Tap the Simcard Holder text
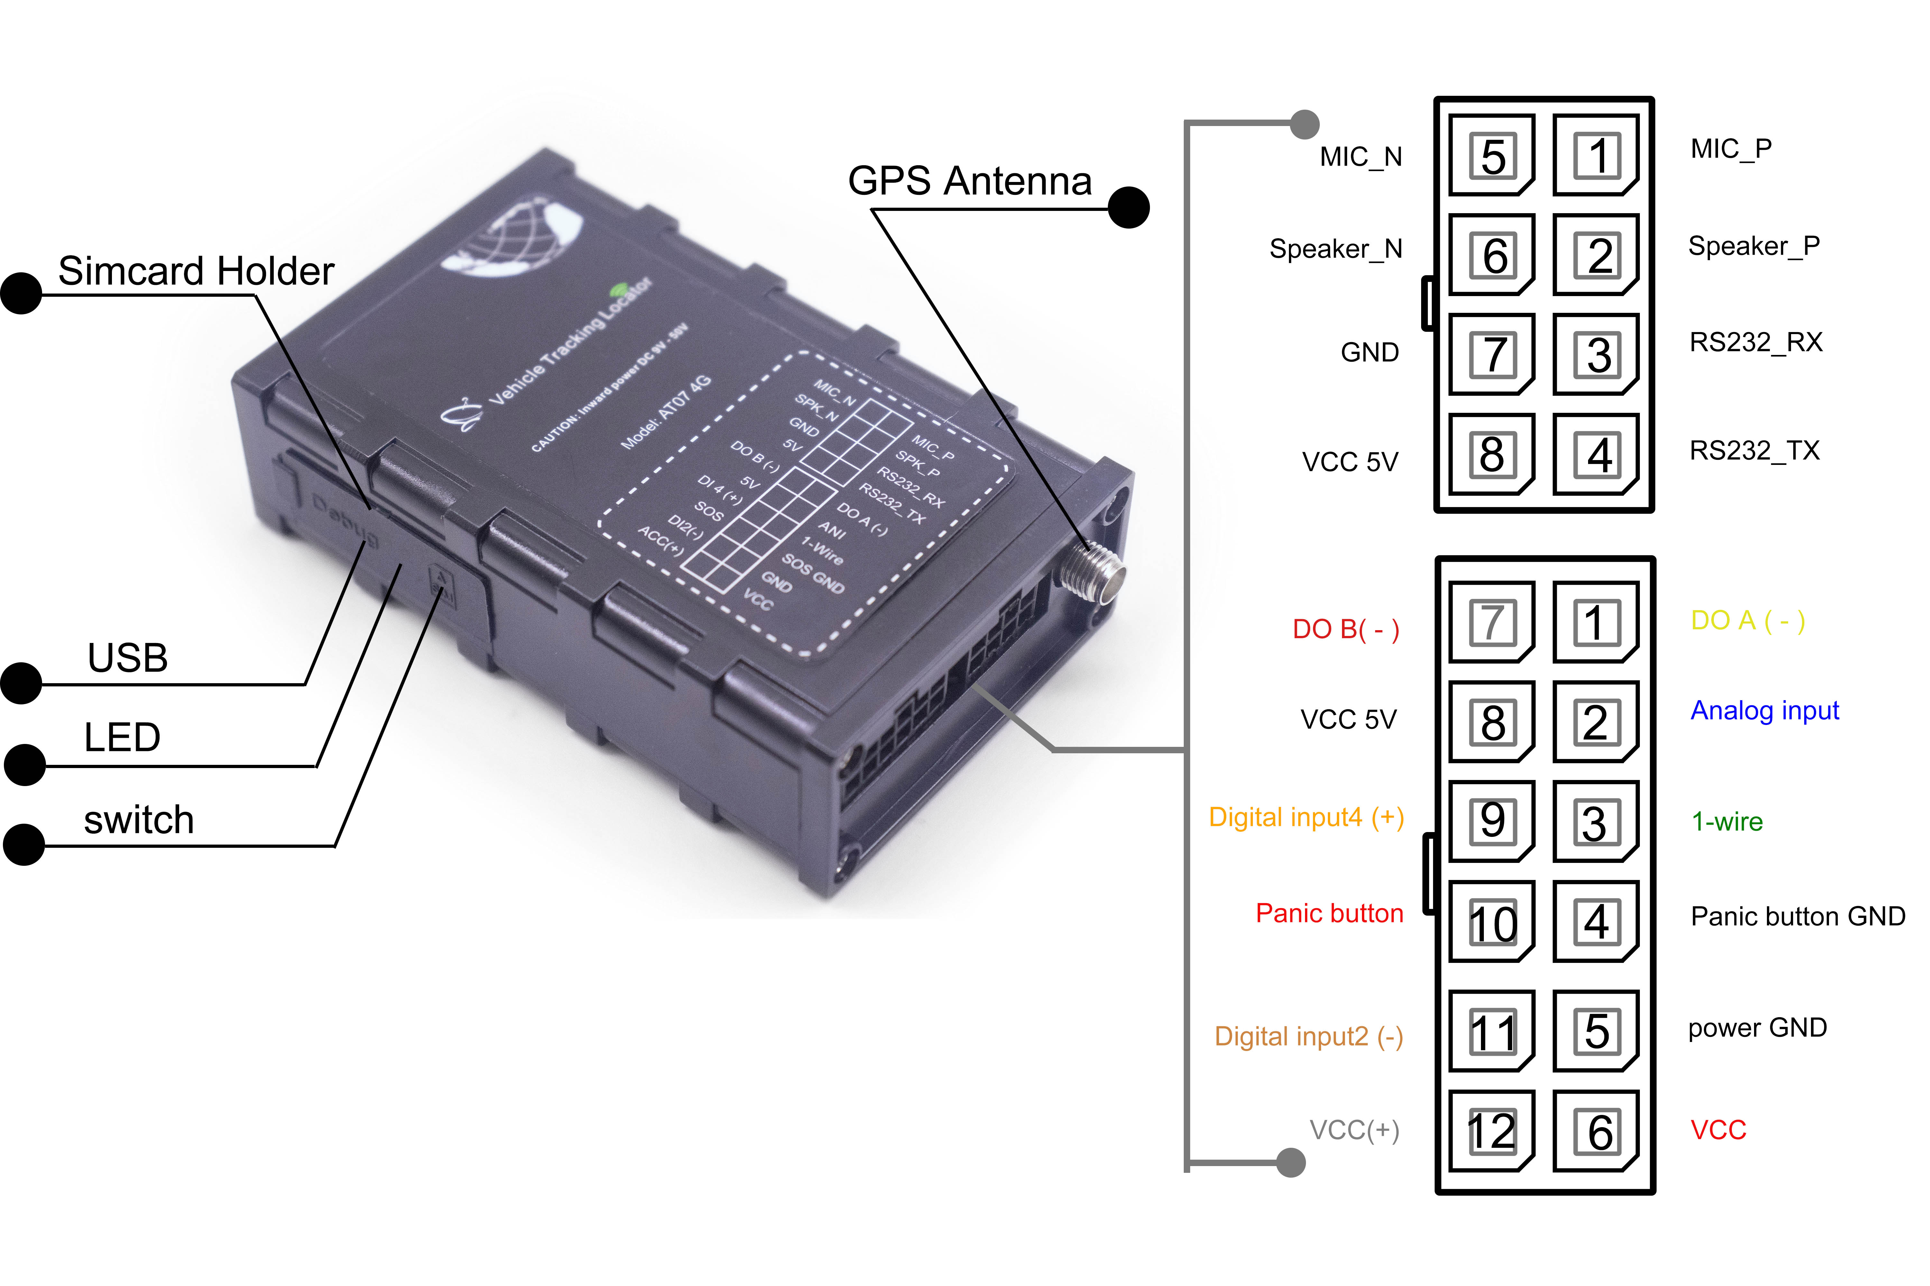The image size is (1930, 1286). pyautogui.click(x=196, y=271)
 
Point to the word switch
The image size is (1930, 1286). pyautogui.click(x=139, y=820)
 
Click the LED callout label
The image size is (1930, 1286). pyautogui.click(x=122, y=737)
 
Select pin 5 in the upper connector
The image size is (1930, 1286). pyautogui.click(x=1492, y=156)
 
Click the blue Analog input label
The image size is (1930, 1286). pyautogui.click(x=1764, y=710)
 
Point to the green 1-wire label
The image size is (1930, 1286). pyautogui.click(x=1726, y=821)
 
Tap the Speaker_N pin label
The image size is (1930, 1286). pyautogui.click(x=1336, y=249)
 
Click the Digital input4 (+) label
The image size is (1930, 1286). pyautogui.click(x=1306, y=818)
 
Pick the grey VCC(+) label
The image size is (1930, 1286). pyautogui.click(x=1354, y=1130)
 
